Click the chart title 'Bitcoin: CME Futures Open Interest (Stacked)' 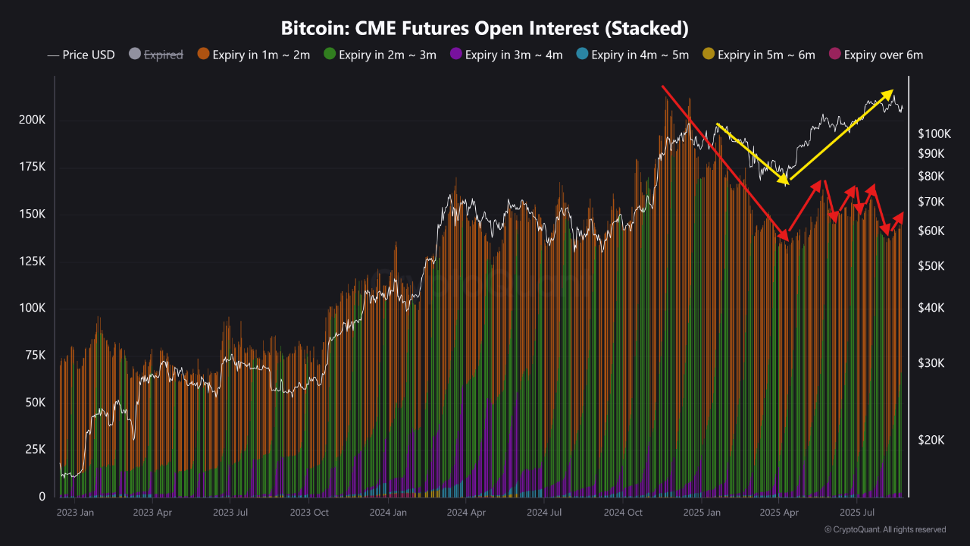[484, 29]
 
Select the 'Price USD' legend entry [81, 55]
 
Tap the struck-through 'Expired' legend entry [156, 55]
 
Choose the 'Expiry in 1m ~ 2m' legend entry [253, 55]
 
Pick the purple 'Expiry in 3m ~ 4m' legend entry [505, 55]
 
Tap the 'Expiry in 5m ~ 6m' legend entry [759, 55]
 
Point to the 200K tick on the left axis [33, 121]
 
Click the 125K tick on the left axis [33, 262]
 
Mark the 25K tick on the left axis [35, 450]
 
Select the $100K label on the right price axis [934, 134]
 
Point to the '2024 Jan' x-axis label [388, 513]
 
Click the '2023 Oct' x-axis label [309, 513]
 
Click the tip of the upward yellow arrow [892, 91]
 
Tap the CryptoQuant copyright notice [884, 529]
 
